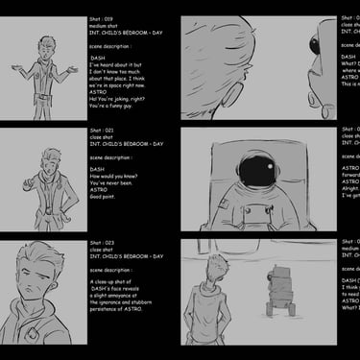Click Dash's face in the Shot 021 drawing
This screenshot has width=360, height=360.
coord(48,157)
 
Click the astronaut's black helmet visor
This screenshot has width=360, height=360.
coord(255,171)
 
